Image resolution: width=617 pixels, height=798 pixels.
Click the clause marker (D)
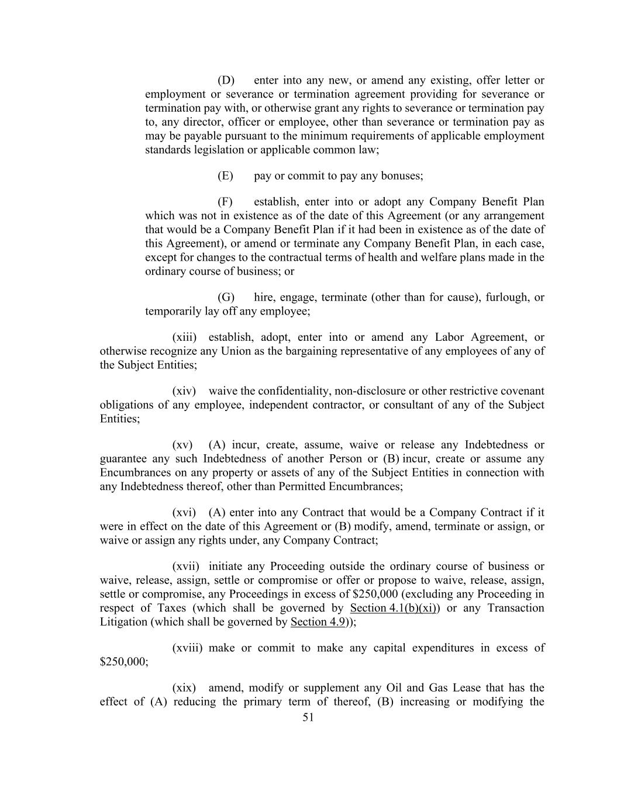[x=226, y=80]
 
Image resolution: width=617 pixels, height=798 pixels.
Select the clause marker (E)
[x=225, y=175]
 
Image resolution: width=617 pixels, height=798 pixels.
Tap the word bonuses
[x=402, y=175]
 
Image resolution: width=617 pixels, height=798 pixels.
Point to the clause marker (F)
[x=225, y=202]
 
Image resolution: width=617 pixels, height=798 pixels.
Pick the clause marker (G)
[x=226, y=297]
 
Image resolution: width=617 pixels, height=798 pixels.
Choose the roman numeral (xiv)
[x=184, y=391]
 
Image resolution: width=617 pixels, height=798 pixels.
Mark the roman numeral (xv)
[x=182, y=445]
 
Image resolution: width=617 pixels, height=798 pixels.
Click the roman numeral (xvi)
[x=184, y=513]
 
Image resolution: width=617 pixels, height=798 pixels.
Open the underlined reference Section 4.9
[x=318, y=621]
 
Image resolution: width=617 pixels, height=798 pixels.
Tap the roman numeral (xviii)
[x=187, y=648]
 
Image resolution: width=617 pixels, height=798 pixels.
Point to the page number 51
[x=308, y=717]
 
